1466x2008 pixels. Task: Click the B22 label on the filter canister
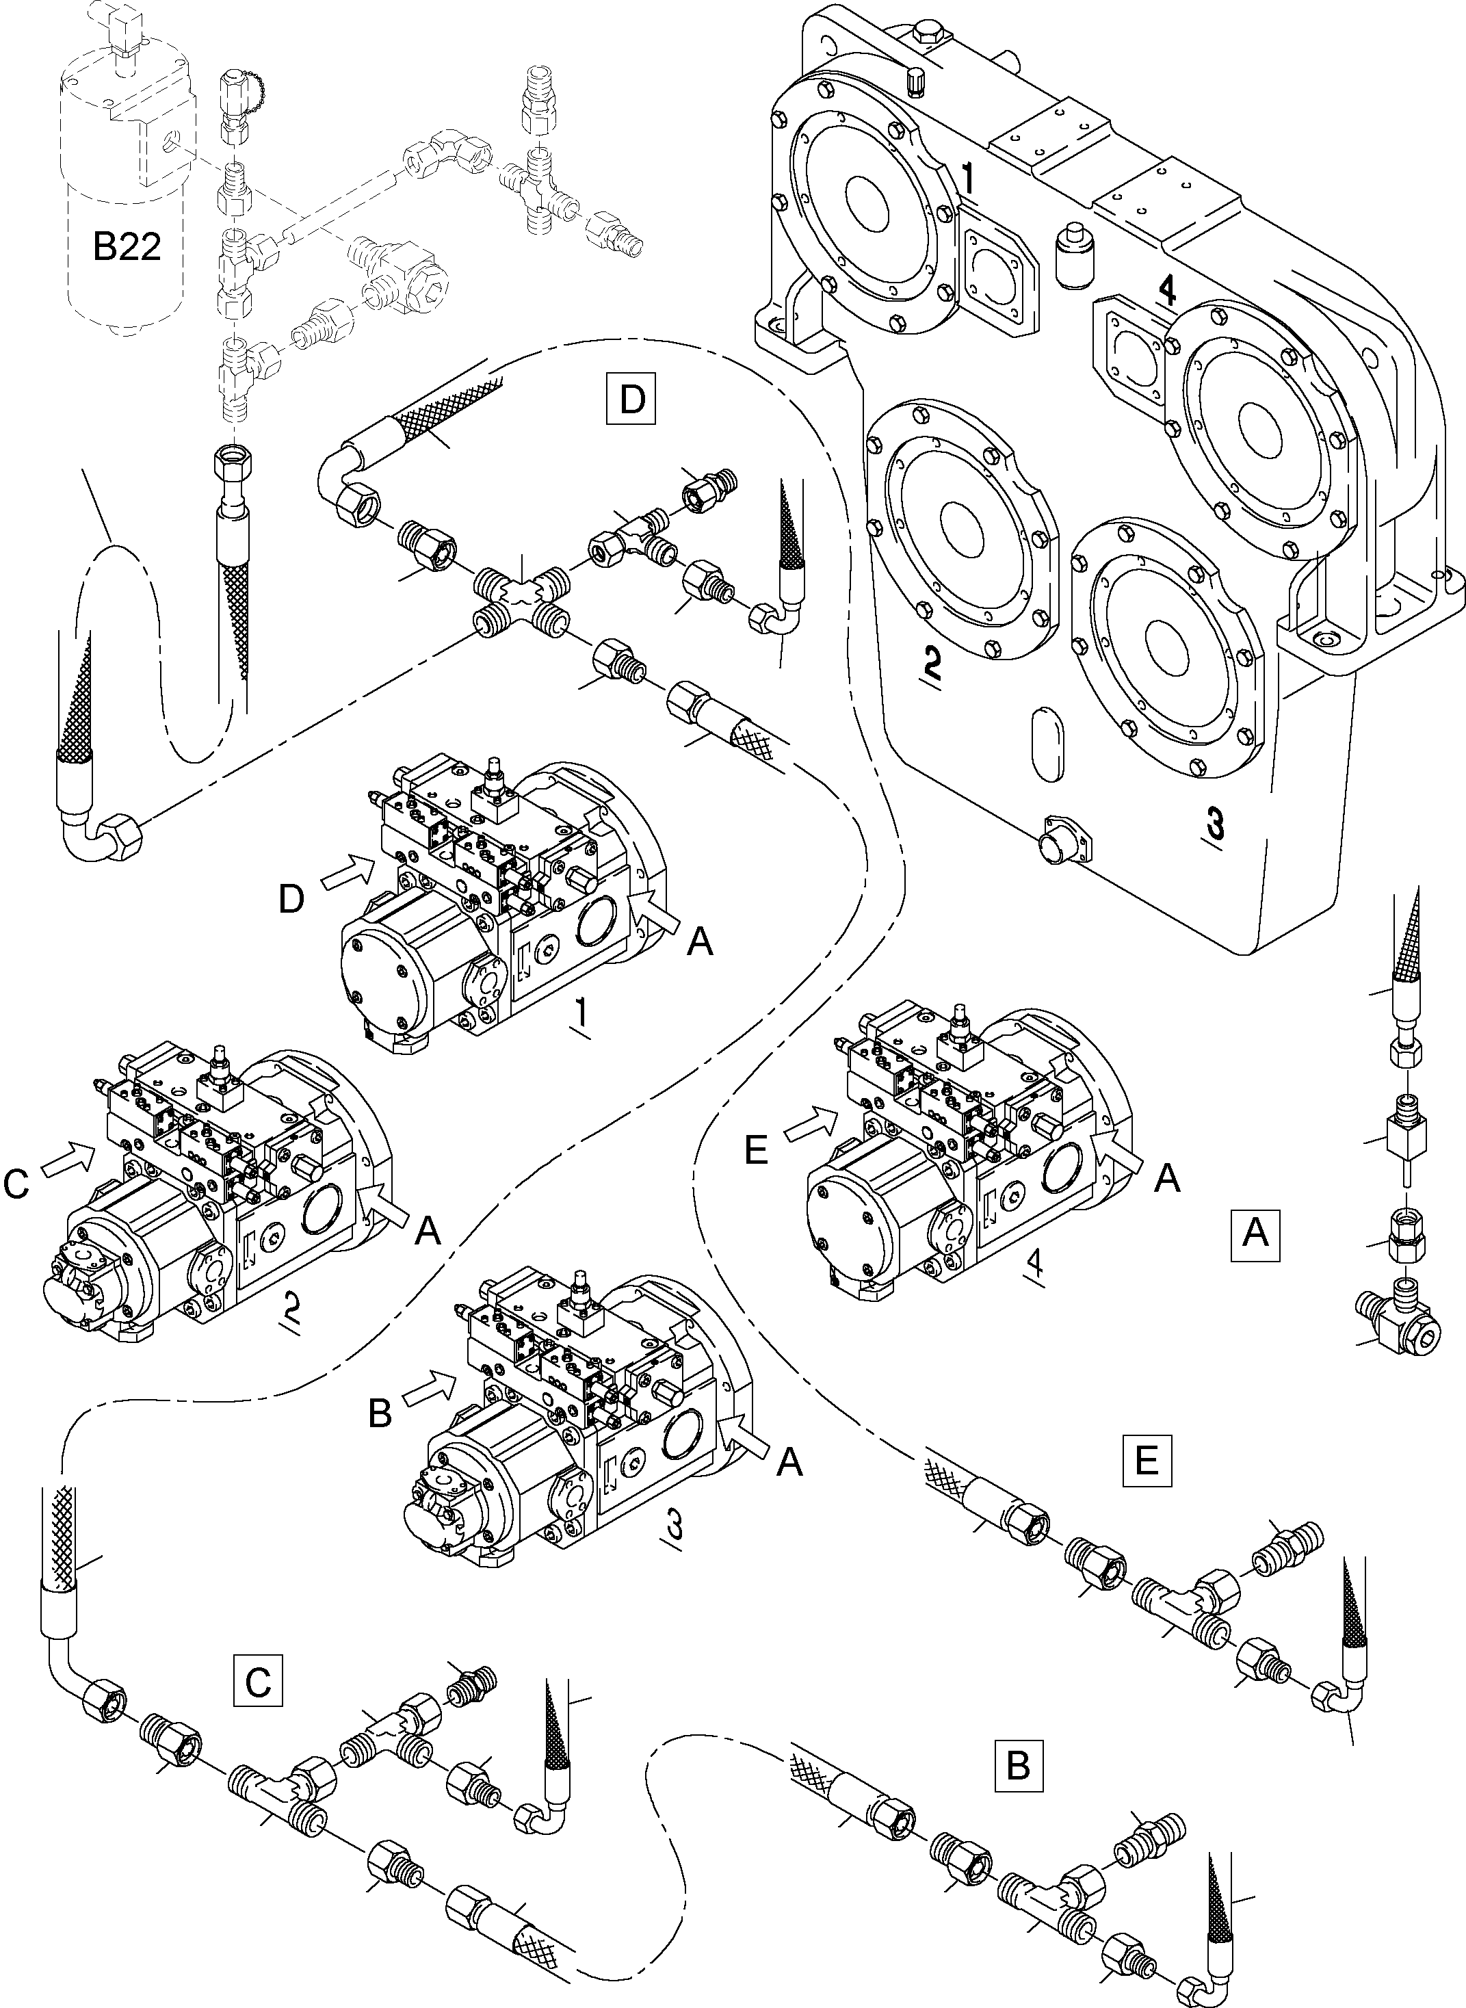[127, 248]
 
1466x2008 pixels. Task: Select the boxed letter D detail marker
[632, 401]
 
